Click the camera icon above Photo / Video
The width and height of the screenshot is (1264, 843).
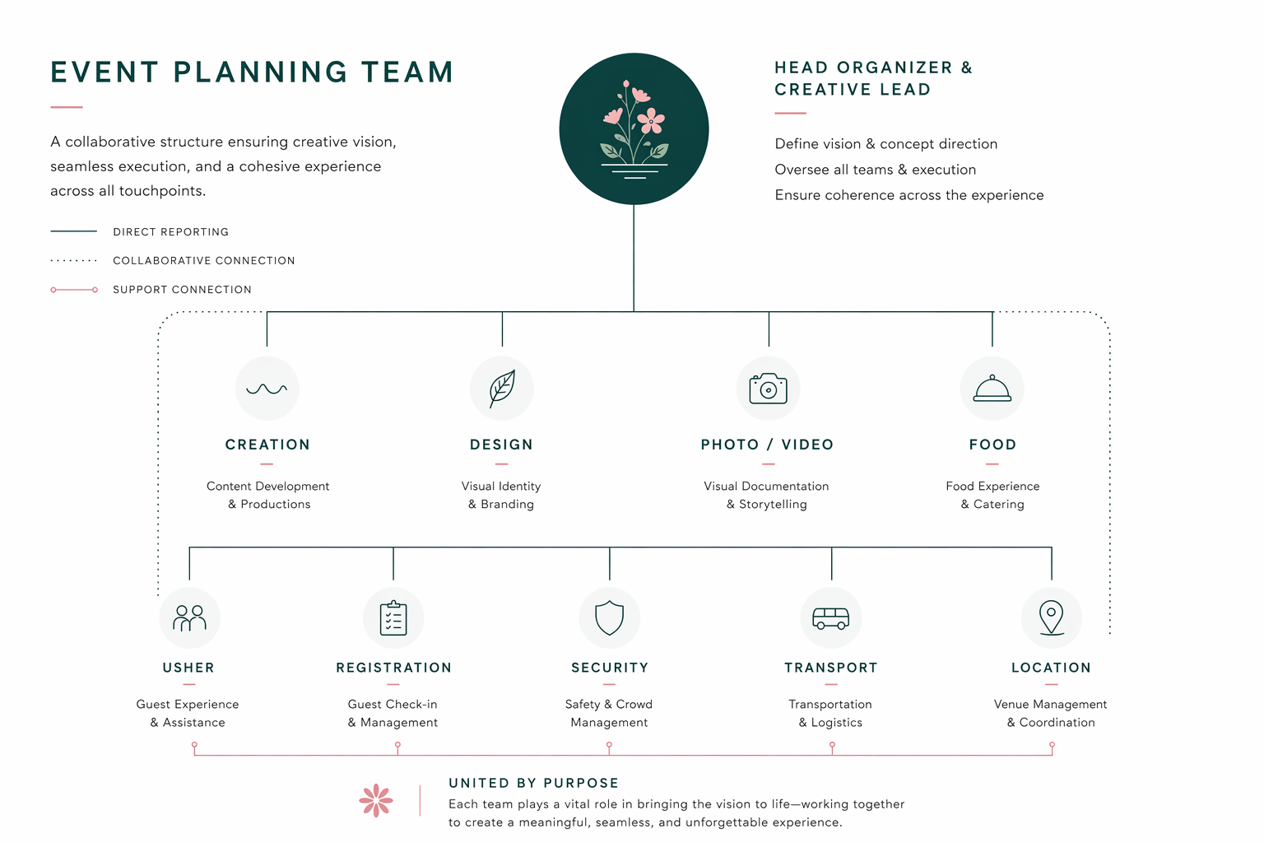[768, 389]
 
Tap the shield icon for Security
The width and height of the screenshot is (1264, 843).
[610, 617]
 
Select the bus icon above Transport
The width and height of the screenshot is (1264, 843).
[830, 618]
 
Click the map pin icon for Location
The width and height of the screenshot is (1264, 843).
[1051, 617]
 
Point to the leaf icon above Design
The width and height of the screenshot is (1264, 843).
[502, 389]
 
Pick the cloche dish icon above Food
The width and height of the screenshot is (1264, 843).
[992, 389]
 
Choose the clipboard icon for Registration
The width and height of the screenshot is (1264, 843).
[393, 618]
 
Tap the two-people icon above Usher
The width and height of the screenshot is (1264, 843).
[189, 618]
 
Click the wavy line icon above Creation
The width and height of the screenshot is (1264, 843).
[267, 389]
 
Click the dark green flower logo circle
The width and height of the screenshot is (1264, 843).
[634, 128]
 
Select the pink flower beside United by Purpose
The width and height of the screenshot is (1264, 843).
[376, 800]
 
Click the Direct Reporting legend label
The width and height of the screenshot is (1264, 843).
[171, 232]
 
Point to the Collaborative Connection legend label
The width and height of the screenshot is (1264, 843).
[204, 261]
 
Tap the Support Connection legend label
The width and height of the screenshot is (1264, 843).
[182, 290]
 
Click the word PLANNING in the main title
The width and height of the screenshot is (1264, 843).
[260, 72]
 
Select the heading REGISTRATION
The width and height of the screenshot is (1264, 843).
[394, 668]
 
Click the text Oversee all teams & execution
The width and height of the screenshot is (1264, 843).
[876, 170]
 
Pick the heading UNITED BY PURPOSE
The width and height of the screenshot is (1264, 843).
[534, 783]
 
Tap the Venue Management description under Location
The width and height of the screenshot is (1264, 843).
[1051, 713]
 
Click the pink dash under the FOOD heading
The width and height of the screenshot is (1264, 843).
[992, 464]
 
